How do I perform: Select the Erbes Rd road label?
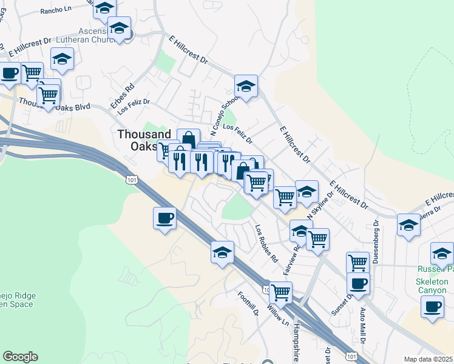tap(121, 95)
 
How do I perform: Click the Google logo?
tap(20, 357)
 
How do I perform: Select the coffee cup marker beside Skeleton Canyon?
tap(432, 305)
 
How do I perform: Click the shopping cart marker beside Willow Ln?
tap(280, 292)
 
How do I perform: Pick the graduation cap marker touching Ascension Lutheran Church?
tap(119, 28)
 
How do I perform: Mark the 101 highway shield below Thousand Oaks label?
tap(132, 180)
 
